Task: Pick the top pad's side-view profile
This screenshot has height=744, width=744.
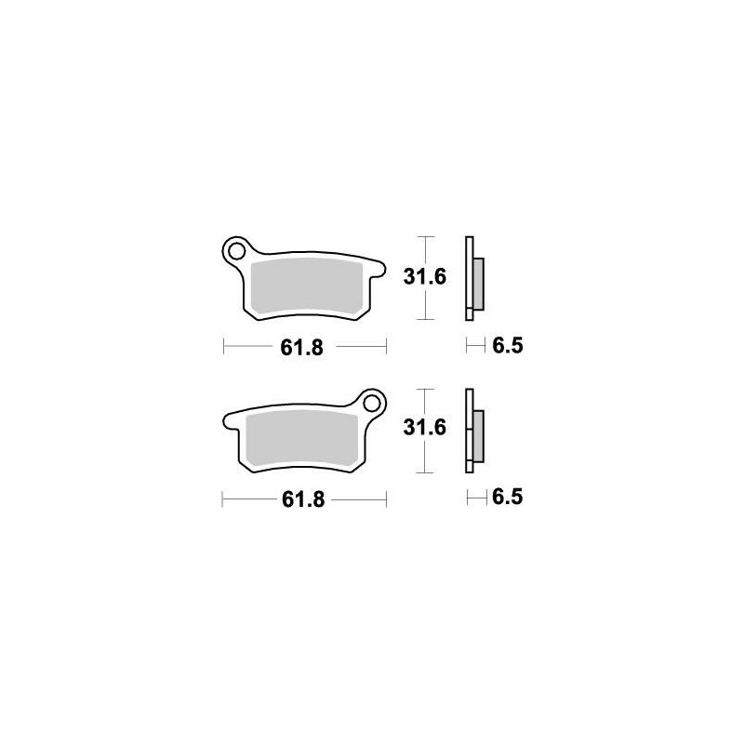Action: (470, 276)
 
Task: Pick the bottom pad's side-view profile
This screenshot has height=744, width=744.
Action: (470, 429)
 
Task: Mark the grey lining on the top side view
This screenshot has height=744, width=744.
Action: (478, 285)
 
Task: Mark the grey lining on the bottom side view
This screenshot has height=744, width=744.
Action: (478, 437)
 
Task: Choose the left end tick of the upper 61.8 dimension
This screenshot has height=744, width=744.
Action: (224, 347)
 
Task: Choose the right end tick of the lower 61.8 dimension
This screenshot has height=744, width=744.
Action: (386, 499)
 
